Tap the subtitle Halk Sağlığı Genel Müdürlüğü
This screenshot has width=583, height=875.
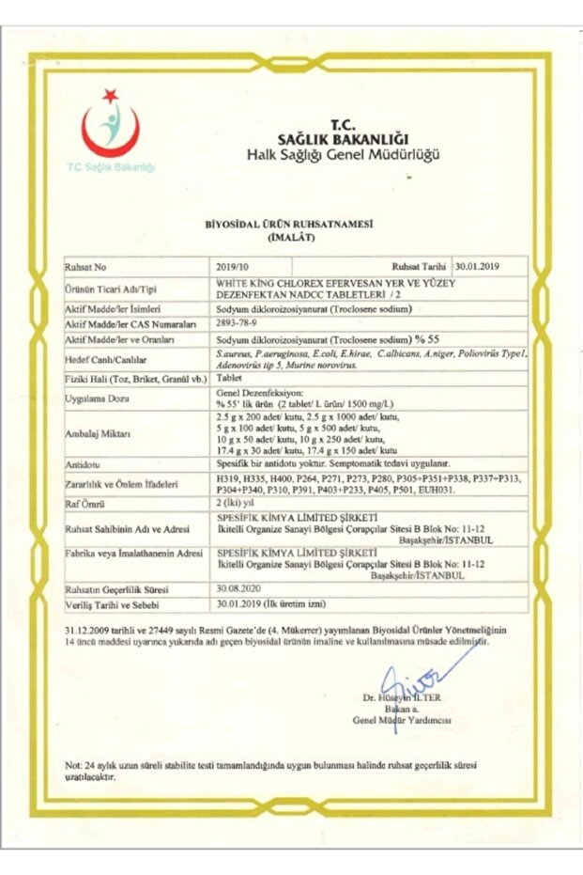342,154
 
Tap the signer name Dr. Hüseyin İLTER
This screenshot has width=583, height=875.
401,698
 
